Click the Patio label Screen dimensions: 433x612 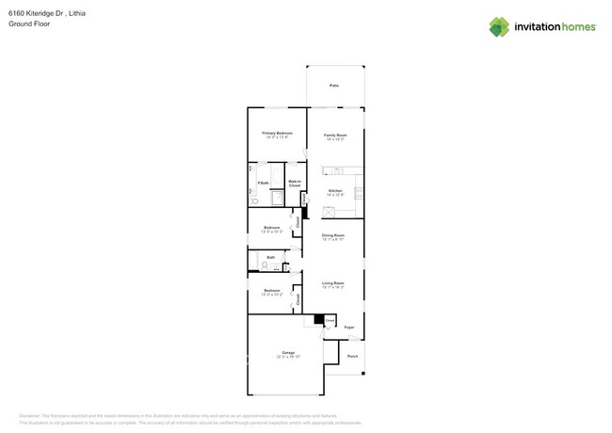pos(334,86)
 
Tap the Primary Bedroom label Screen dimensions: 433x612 pos(277,134)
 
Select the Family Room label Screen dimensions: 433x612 pos(335,135)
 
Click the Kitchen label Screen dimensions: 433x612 pos(335,192)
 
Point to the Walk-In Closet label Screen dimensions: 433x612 pos(295,184)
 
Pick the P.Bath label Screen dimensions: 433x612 pos(265,183)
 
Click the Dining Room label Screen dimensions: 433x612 pos(333,235)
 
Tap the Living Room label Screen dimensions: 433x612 pos(333,283)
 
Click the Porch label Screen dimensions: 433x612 pos(352,356)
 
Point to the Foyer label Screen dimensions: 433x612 pos(348,328)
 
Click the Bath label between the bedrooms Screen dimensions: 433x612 pos(270,256)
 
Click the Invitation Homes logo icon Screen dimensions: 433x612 pos(499,26)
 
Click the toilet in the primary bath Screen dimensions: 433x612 pos(254,201)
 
